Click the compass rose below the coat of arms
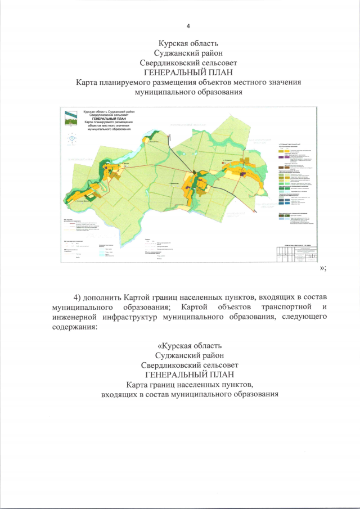[71, 138]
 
